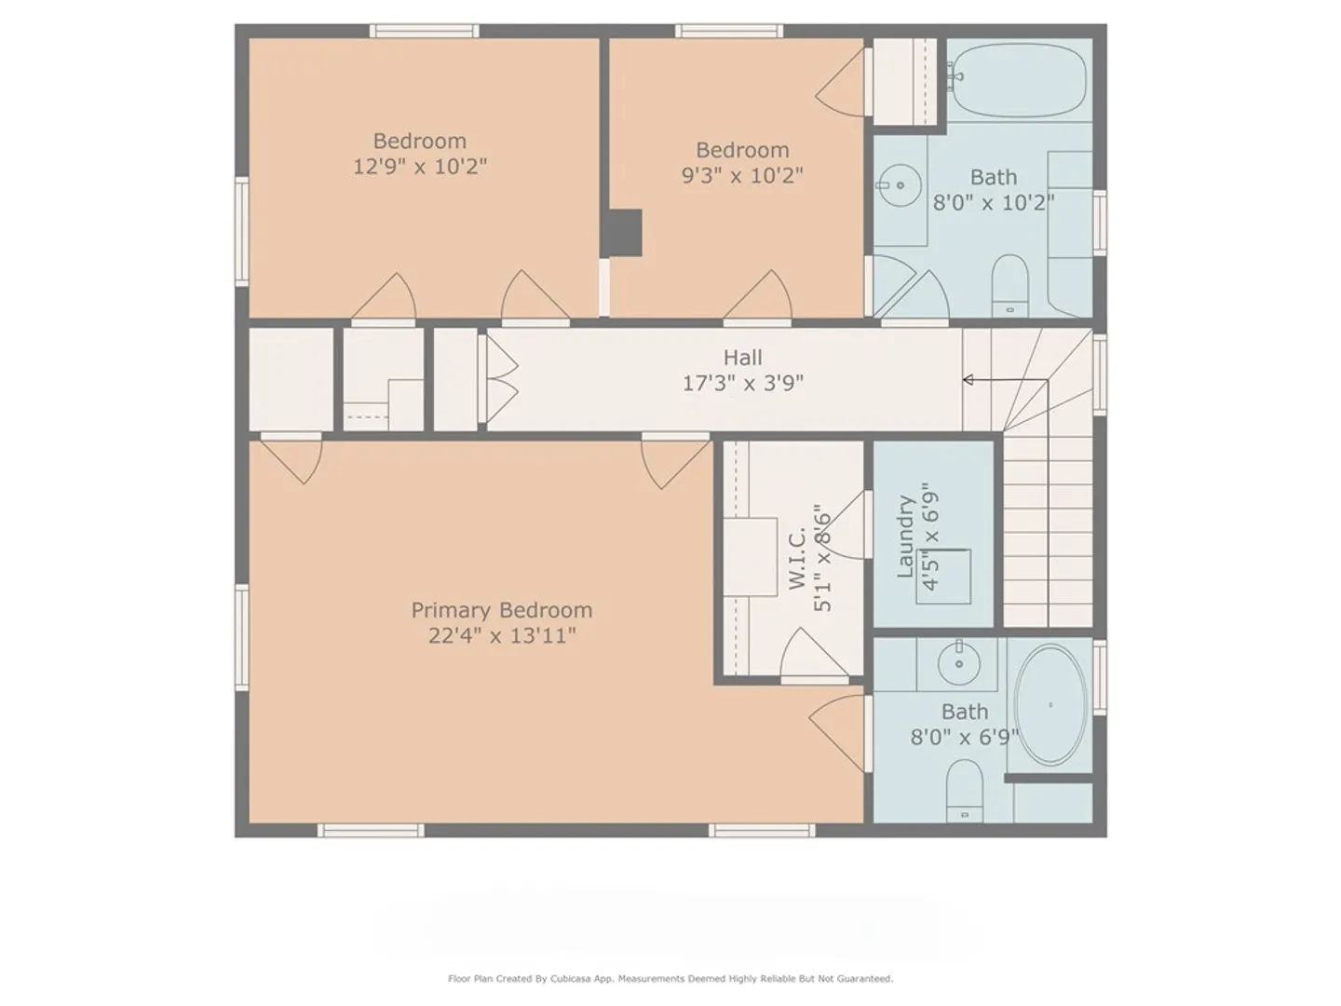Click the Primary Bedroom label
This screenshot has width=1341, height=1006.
[x=502, y=610]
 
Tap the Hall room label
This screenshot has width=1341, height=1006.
[x=742, y=358]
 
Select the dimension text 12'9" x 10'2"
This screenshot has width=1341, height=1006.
[x=420, y=166]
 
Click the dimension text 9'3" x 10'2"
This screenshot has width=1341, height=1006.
[x=742, y=175]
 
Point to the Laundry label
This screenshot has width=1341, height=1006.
[x=905, y=537]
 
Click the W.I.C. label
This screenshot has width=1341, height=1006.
[x=797, y=559]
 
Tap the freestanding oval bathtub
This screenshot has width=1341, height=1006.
[x=1050, y=704]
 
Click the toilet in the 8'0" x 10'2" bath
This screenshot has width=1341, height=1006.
[x=1009, y=286]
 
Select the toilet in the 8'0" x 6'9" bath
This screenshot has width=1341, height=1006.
[x=965, y=791]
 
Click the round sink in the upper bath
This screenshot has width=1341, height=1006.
[x=900, y=185]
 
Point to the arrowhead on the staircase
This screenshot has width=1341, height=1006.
[x=968, y=380]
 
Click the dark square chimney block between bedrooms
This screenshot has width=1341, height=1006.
[x=621, y=233]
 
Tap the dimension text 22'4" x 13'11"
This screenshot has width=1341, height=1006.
[x=502, y=636]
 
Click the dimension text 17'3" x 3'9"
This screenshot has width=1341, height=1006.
[x=742, y=383]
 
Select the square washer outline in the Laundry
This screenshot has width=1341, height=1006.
[x=944, y=577]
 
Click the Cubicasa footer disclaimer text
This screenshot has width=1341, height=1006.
[x=670, y=978]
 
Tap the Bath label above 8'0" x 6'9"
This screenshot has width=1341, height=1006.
[x=965, y=712]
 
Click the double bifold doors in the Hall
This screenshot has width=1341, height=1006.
[x=498, y=379]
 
